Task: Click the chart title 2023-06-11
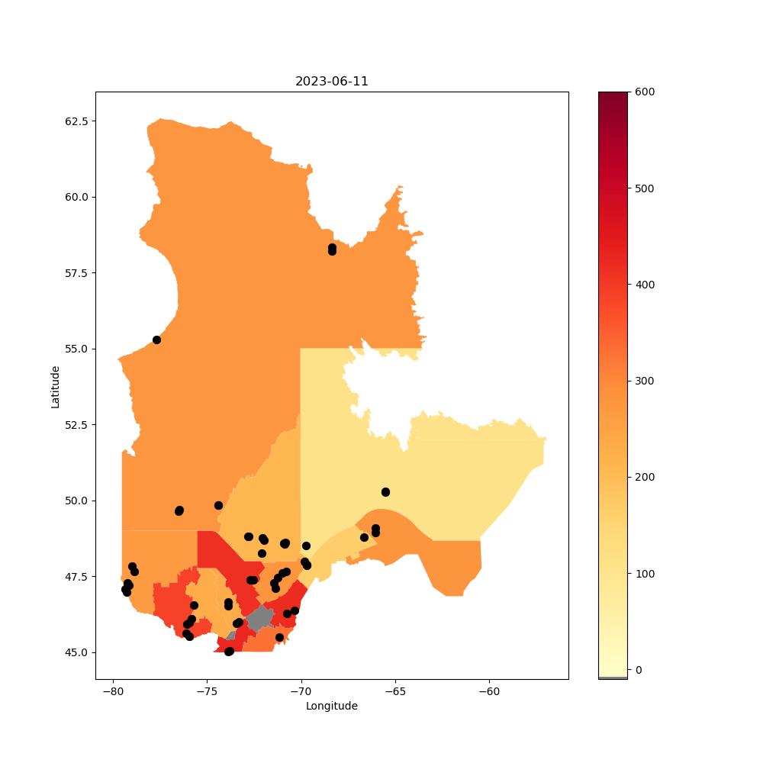click(331, 82)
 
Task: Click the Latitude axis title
click(55, 387)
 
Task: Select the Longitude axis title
click(331, 706)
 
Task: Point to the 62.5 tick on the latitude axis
click(77, 121)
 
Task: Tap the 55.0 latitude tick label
click(77, 349)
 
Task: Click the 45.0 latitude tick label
click(77, 652)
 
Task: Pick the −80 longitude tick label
click(114, 691)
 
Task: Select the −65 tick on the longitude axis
click(395, 691)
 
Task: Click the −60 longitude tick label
click(489, 691)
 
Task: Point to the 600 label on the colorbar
click(645, 92)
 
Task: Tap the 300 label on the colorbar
click(645, 381)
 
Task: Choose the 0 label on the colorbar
click(639, 670)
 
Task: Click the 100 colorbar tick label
click(645, 574)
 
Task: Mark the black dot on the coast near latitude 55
click(156, 340)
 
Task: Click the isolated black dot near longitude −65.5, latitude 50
click(386, 492)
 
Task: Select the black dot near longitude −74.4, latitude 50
click(218, 506)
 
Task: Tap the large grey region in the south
click(260, 618)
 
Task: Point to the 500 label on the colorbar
click(645, 188)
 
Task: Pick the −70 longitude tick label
click(301, 691)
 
